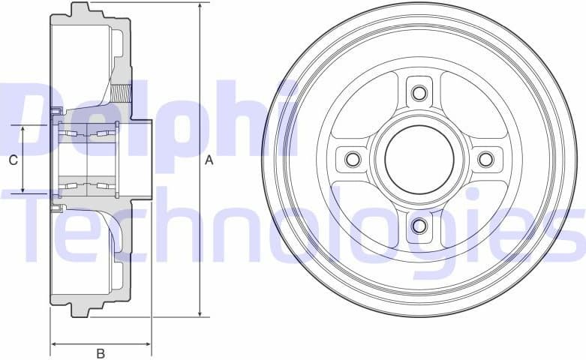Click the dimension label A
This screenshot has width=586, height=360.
tap(209, 160)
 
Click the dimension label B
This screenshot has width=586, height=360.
tap(101, 353)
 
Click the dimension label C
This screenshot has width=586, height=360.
tap(13, 160)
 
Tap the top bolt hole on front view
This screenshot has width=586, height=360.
tap(419, 94)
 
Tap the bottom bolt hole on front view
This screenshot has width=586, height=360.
tap(419, 225)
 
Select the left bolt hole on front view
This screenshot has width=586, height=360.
tap(353, 159)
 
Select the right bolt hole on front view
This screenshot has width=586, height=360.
tap(485, 159)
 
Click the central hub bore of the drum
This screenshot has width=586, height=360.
tap(419, 159)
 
